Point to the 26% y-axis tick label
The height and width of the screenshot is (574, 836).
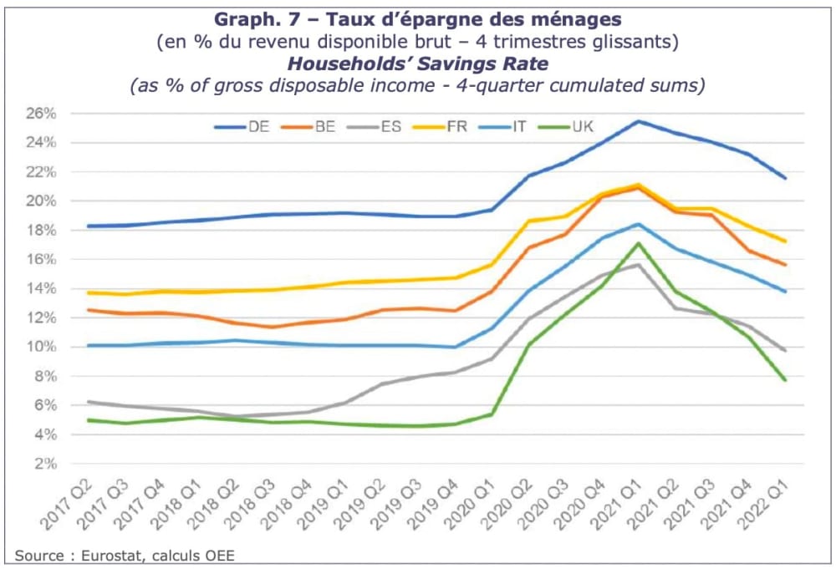40,114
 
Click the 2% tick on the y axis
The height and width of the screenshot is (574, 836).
43,464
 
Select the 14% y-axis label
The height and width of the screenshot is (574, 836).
40,289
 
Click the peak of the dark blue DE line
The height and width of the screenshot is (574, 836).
638,121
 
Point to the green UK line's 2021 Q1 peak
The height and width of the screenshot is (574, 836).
638,243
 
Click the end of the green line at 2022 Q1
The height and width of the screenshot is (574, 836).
785,380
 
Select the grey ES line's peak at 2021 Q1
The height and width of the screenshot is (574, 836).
638,265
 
